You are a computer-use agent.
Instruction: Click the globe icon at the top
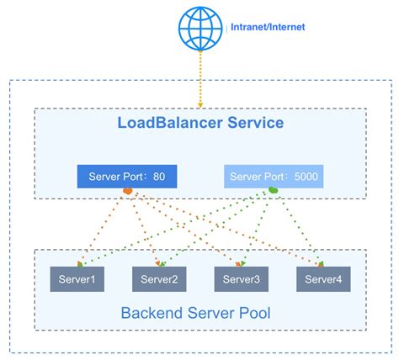(200, 28)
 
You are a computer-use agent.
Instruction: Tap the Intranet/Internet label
(268, 27)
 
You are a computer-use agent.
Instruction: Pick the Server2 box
(159, 279)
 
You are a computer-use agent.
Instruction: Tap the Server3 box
(240, 279)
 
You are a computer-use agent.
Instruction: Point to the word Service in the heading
(256, 124)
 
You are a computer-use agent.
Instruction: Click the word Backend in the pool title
(149, 315)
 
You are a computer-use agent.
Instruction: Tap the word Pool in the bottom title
(253, 315)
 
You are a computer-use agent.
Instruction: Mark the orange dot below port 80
(128, 193)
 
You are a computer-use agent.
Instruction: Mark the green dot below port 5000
(274, 193)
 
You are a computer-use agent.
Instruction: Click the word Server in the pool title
(207, 315)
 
